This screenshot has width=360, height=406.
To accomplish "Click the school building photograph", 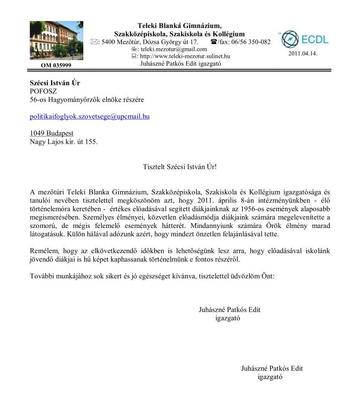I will click(57, 41).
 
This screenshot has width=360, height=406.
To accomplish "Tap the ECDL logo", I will click(304, 39).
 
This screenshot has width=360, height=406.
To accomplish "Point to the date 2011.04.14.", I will click(303, 53).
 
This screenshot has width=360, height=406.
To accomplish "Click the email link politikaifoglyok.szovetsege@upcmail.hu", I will click(89, 117).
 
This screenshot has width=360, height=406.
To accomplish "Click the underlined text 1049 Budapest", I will click(51, 133).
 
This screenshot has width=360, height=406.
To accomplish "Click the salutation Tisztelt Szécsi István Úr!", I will click(180, 167).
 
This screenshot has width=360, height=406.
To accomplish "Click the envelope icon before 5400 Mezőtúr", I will click(94, 42).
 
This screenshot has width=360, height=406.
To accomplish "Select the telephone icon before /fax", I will click(214, 42).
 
